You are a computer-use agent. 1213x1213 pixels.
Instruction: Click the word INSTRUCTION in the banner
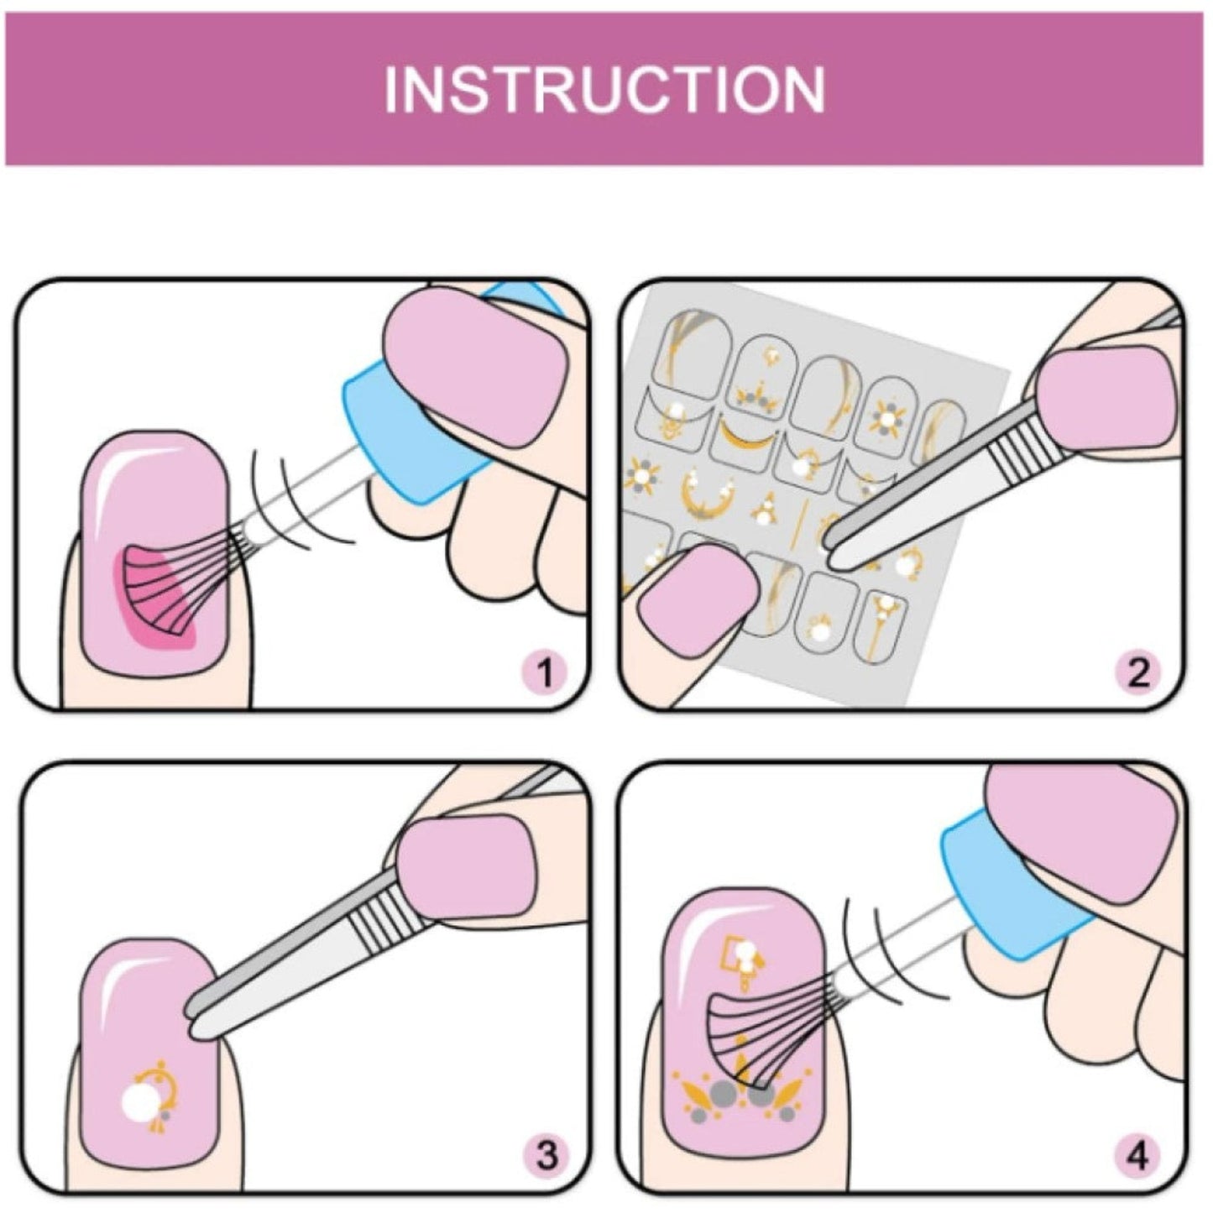point(604,89)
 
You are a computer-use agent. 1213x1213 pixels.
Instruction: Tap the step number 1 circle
point(546,672)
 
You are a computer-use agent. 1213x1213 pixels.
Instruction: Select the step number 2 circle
point(1139,672)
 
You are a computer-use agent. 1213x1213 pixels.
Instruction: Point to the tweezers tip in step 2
point(831,554)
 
